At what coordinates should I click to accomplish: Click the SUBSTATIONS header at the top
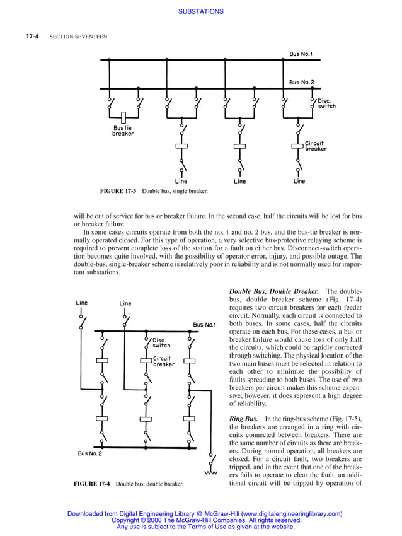click(x=200, y=11)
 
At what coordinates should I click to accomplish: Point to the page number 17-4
click(x=33, y=37)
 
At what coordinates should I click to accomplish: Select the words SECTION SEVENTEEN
click(x=78, y=37)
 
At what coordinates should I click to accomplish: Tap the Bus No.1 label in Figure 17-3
click(x=301, y=54)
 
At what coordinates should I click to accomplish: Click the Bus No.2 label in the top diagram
click(x=301, y=82)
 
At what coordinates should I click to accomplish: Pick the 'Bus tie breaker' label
click(x=123, y=131)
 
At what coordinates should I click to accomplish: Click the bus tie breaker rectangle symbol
click(x=124, y=117)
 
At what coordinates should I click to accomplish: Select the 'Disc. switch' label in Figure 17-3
click(x=326, y=103)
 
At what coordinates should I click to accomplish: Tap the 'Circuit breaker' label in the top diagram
click(x=316, y=146)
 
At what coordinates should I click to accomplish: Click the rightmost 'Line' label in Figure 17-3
click(x=299, y=181)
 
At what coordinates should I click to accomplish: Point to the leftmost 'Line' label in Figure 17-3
click(x=181, y=181)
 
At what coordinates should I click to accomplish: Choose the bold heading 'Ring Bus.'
click(x=244, y=419)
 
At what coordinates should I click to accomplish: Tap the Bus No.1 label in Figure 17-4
click(x=205, y=325)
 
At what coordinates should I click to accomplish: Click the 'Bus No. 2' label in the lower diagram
click(x=89, y=453)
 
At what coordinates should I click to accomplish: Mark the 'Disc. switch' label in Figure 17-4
click(x=161, y=343)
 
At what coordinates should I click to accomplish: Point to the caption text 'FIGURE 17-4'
click(x=92, y=484)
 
